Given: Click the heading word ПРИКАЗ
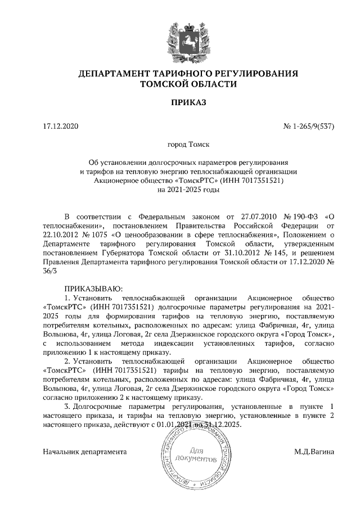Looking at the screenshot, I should tap(180, 102).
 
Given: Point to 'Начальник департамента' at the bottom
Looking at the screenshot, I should tap(85, 452).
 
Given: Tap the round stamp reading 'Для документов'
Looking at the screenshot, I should tap(195, 455).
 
